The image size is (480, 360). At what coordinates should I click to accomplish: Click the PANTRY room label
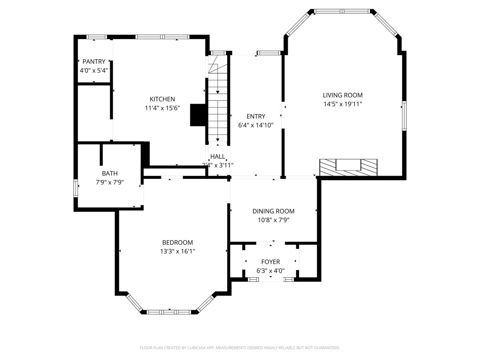(x=94, y=62)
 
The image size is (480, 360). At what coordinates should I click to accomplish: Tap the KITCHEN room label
(x=162, y=99)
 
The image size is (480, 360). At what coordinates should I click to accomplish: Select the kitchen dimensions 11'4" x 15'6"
(x=162, y=108)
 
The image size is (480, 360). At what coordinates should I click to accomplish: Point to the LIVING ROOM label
(x=343, y=95)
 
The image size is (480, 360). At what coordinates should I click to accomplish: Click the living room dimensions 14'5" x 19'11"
(x=343, y=104)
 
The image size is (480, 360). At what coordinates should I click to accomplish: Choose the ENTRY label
(x=256, y=116)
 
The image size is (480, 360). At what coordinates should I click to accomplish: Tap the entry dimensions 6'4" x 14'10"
(x=256, y=125)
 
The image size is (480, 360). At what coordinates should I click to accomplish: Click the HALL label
(x=218, y=156)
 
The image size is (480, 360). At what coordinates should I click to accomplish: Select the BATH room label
(x=110, y=173)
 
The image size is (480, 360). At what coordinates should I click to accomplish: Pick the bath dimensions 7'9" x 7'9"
(x=110, y=182)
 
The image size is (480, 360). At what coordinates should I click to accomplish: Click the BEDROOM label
(x=177, y=242)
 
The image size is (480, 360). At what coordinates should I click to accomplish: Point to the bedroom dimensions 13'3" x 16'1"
(x=177, y=251)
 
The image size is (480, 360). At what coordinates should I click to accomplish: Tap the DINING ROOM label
(x=273, y=211)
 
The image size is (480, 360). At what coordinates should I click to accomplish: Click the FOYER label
(x=270, y=262)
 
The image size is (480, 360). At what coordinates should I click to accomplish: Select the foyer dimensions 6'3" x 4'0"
(x=270, y=270)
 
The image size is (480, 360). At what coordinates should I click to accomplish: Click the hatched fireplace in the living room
(x=348, y=167)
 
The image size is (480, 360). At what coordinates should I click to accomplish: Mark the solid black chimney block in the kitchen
(x=198, y=115)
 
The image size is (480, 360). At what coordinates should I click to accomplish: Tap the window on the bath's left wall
(x=75, y=188)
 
